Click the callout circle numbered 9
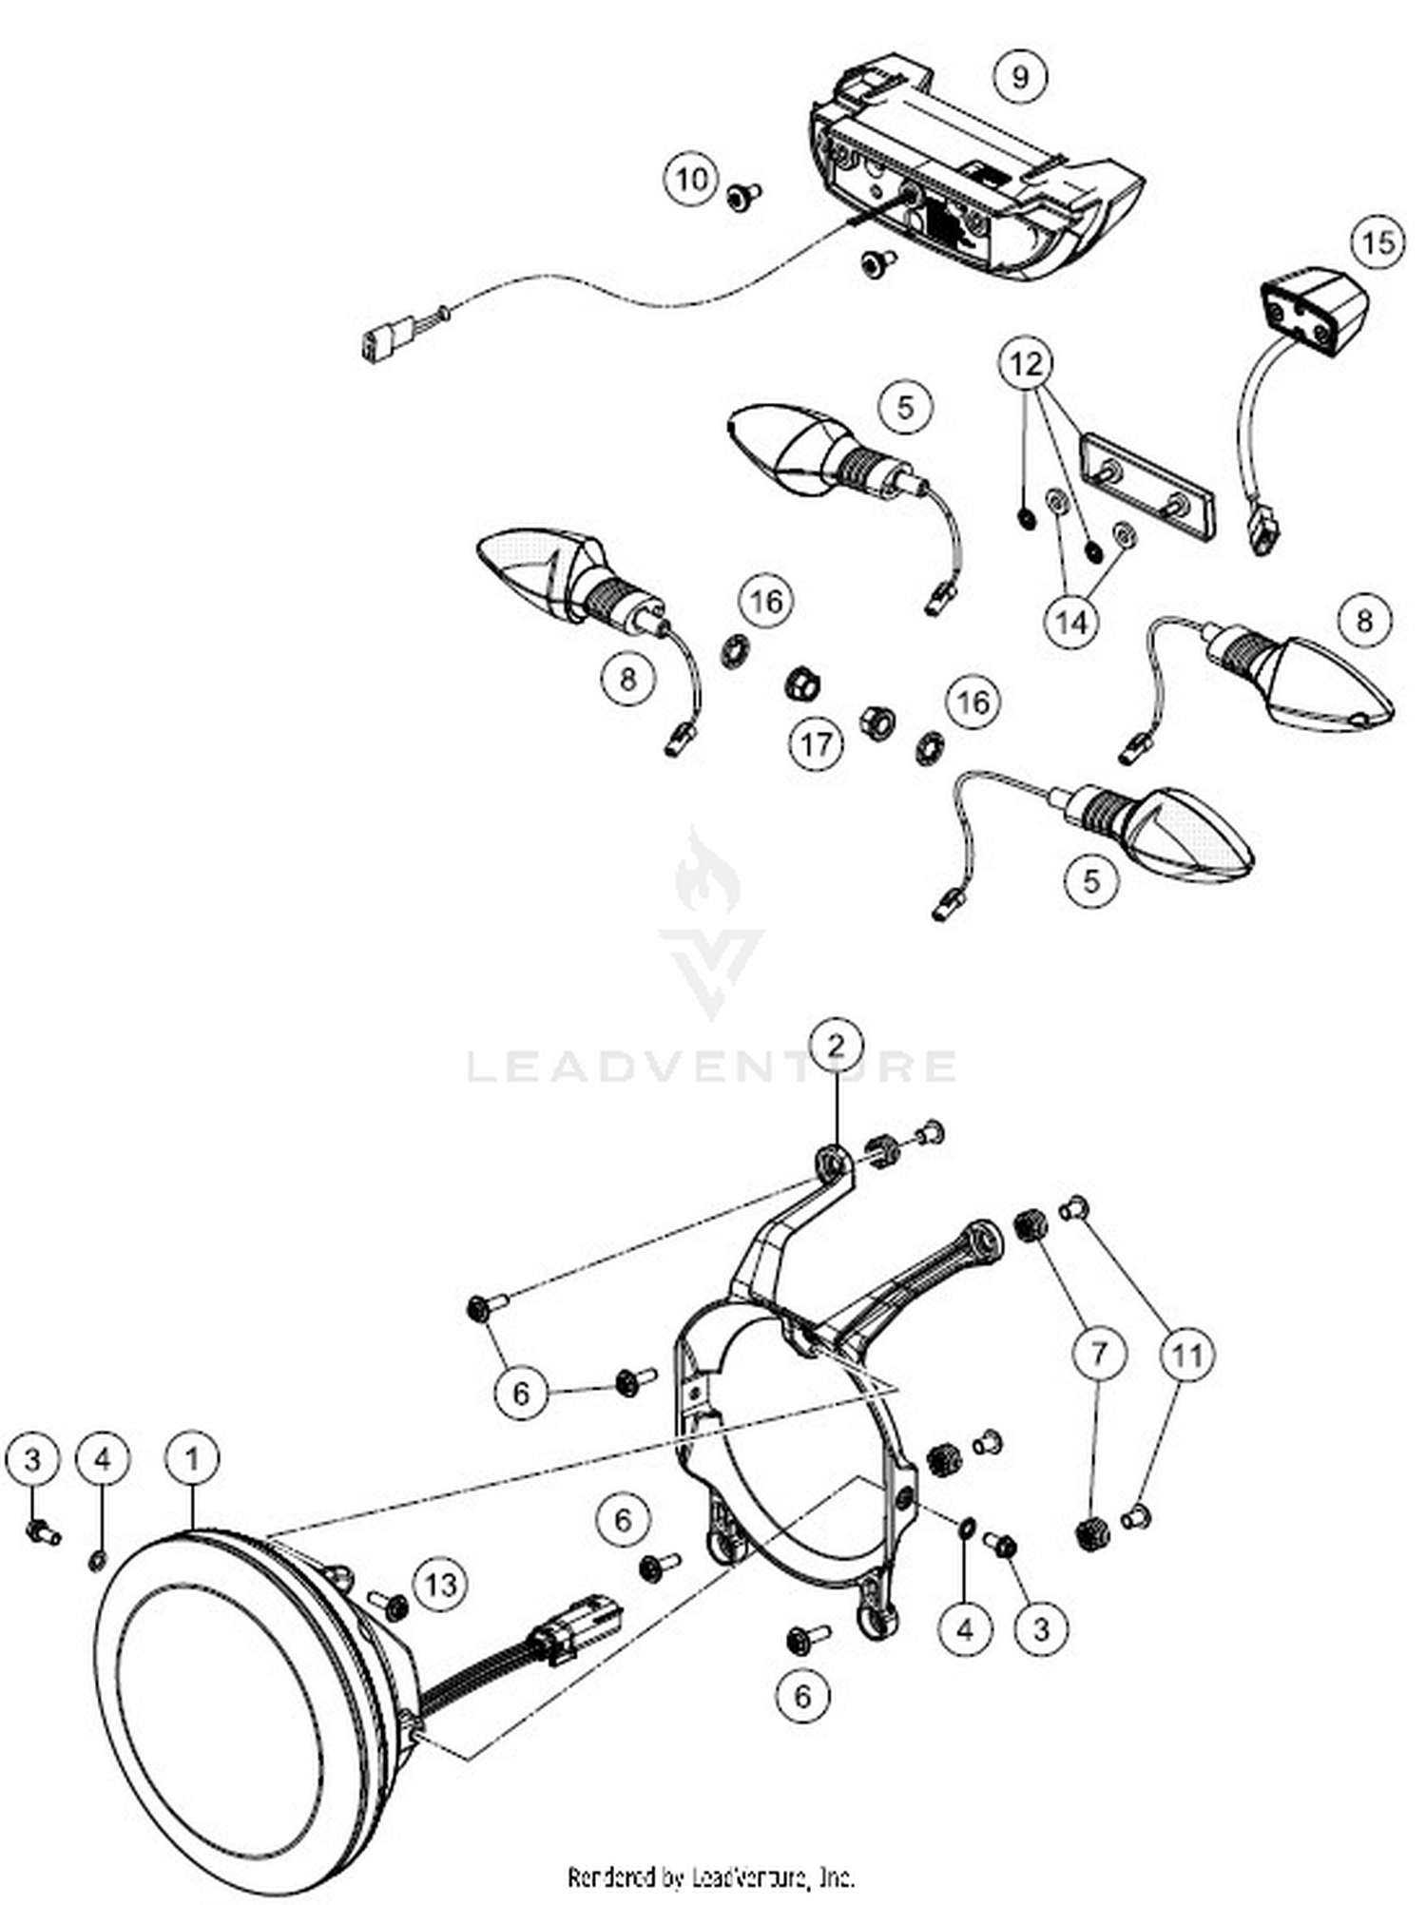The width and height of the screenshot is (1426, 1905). [x=1020, y=76]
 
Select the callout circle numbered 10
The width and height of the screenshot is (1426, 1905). [x=692, y=179]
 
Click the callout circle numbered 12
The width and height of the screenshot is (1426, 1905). [x=1026, y=363]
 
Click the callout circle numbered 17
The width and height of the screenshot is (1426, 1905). [x=816, y=743]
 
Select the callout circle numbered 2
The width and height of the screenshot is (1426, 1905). [x=836, y=1046]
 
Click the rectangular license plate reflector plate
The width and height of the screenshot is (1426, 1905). [x=1147, y=486]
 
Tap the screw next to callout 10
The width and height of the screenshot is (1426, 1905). [x=743, y=195]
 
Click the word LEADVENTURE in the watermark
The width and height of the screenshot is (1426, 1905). [x=711, y=1066]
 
